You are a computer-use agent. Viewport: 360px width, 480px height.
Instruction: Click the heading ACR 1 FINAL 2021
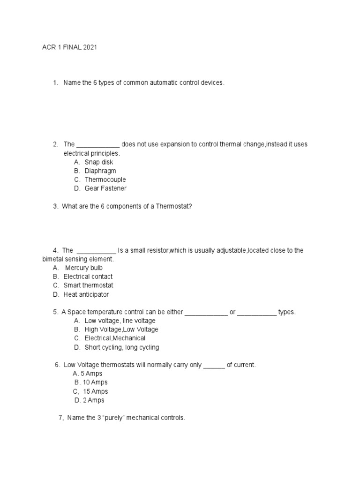(x=69, y=48)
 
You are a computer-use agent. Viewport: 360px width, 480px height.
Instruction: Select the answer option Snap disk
(x=98, y=162)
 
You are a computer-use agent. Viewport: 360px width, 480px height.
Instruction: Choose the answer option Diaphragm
(x=100, y=171)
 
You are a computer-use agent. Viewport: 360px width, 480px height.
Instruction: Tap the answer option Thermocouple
(x=105, y=180)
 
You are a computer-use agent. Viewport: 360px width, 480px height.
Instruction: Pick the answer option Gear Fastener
(x=105, y=188)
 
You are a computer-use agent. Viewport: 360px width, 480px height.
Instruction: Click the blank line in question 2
(x=98, y=145)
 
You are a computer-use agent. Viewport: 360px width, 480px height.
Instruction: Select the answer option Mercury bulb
(x=83, y=268)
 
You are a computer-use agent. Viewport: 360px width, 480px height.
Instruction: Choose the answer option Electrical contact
(x=88, y=277)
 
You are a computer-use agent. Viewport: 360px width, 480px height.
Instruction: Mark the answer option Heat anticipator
(x=86, y=294)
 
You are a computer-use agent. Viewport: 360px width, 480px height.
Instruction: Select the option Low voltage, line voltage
(x=120, y=321)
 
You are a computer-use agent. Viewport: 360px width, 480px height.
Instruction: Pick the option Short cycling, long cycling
(x=121, y=347)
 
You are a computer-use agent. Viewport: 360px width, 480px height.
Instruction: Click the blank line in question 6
(x=214, y=366)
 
